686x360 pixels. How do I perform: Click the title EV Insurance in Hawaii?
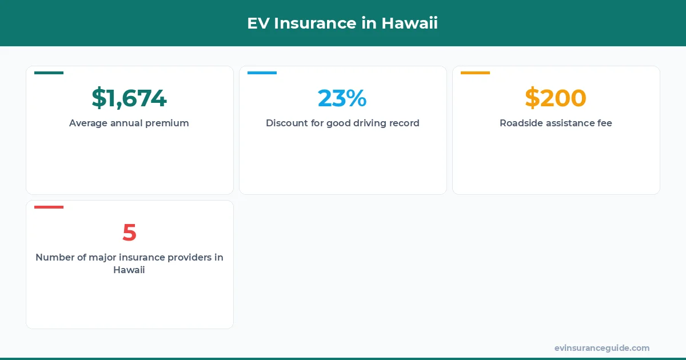342,23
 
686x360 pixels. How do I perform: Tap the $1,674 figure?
129,98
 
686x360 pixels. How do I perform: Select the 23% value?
342,98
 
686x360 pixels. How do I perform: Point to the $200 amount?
556,98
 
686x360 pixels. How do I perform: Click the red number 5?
129,233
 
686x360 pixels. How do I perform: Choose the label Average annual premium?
129,123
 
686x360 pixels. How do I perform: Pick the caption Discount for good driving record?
342,123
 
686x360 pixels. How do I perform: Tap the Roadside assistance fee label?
556,123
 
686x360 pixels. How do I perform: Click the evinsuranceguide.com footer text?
602,348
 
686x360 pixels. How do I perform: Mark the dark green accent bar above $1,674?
49,73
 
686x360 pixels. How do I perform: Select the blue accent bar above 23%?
262,73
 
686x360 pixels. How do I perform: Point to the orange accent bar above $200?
475,73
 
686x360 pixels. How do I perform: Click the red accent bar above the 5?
49,207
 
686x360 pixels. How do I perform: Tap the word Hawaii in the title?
409,23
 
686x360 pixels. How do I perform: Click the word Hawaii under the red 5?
129,270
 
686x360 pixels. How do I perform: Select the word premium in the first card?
167,123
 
